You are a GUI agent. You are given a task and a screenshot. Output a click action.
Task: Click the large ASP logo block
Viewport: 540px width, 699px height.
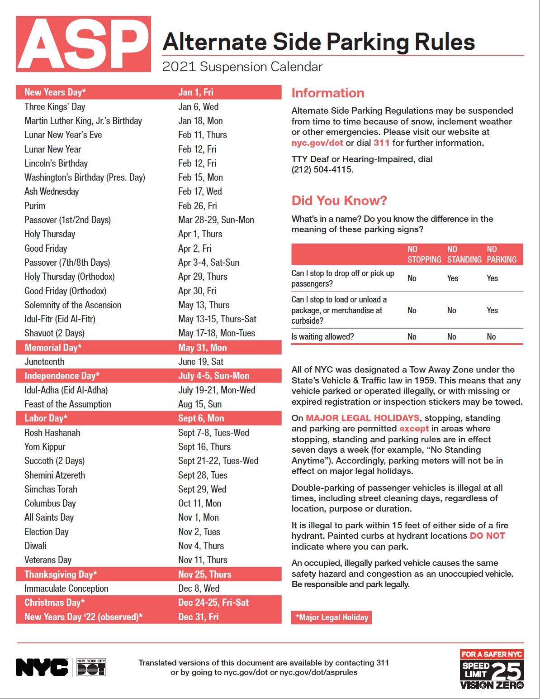83,44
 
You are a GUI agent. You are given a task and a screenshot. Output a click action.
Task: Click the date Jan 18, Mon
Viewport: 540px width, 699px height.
200,121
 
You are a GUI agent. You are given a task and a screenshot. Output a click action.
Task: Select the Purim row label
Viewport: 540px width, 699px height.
35,206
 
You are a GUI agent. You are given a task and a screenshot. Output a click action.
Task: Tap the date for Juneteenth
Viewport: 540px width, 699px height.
201,362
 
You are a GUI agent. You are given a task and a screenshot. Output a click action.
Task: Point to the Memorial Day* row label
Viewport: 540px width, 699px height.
53,348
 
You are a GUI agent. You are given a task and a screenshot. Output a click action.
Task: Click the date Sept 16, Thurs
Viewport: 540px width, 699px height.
204,447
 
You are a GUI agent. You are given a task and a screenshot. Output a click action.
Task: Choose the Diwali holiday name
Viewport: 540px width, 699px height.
35,546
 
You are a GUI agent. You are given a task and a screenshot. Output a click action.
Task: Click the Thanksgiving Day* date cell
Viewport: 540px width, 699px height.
205,575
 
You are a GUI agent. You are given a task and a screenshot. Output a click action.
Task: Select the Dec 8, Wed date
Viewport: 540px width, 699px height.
199,589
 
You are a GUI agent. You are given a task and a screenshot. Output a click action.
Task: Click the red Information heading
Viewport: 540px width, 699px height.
328,93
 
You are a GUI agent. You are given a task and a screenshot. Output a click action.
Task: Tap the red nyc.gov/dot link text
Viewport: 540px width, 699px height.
317,143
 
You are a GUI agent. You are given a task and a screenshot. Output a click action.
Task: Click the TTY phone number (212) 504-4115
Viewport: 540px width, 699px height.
322,170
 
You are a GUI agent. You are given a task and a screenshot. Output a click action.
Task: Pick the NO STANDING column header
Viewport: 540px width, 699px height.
464,254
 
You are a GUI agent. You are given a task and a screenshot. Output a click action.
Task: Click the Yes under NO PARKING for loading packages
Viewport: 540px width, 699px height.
493,311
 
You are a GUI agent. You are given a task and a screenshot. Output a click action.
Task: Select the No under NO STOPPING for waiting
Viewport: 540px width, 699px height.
412,337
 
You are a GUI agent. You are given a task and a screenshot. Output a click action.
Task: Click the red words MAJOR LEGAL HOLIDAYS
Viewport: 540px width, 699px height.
363,418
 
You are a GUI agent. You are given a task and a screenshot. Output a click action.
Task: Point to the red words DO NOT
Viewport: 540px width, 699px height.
488,536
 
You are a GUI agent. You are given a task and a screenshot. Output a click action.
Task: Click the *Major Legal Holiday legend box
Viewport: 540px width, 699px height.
332,618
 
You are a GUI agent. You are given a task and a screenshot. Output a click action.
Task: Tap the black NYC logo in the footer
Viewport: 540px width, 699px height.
42,667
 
